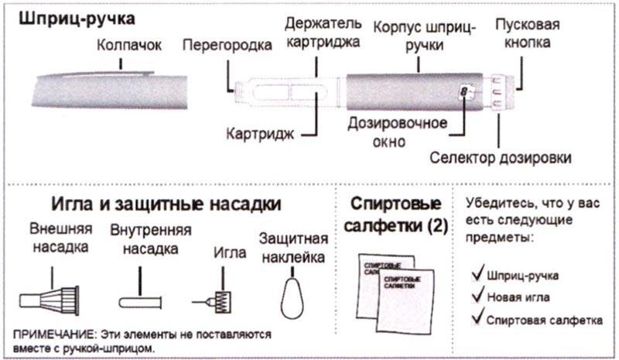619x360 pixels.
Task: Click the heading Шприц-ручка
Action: click(66, 16)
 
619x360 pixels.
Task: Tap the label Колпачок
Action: click(130, 46)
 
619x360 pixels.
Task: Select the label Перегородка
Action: click(227, 46)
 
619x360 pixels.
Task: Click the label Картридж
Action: click(260, 133)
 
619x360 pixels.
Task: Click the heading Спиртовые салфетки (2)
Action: click(398, 216)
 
